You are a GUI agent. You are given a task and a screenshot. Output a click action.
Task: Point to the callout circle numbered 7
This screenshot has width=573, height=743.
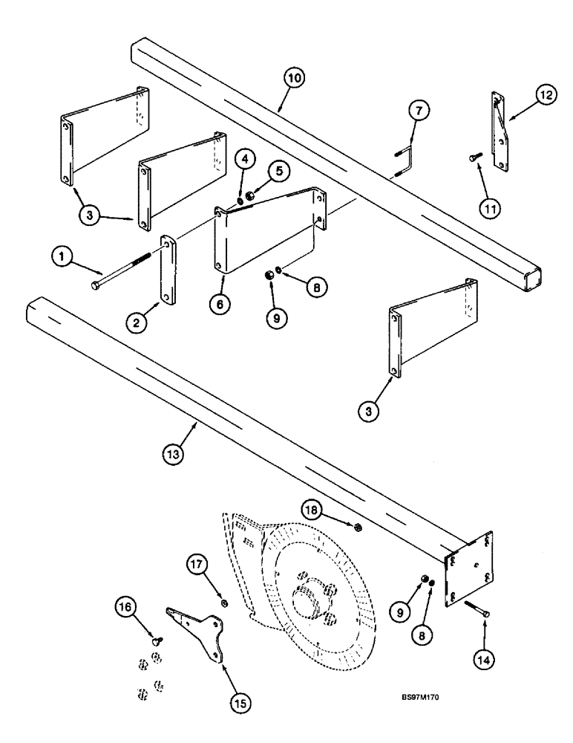click(x=418, y=112)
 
